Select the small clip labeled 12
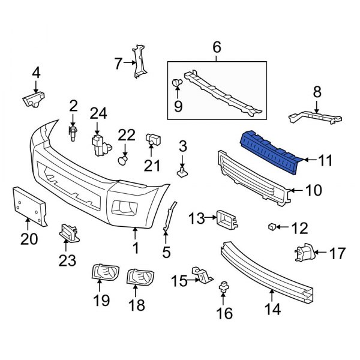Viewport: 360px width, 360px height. pos(272,227)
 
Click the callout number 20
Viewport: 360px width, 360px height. pos(29,239)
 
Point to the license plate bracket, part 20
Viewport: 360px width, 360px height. pos(28,205)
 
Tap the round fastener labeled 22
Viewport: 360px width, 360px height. pos(124,160)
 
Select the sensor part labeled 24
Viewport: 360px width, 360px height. pos(98,145)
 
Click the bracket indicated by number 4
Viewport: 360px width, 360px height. pos(35,98)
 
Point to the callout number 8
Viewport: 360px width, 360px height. pos(316,92)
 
